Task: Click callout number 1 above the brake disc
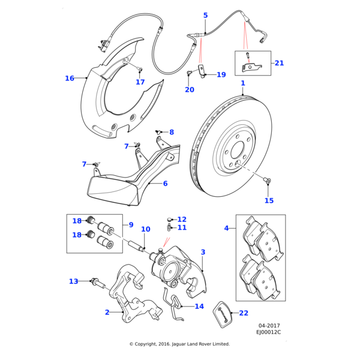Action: pos(243,83)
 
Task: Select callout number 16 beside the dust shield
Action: pos(70,78)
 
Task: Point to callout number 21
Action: pos(278,62)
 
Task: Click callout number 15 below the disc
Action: pos(269,200)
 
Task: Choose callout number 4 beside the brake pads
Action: pos(226,228)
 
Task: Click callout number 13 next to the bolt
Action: pos(73,281)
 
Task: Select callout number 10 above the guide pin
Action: pos(145,229)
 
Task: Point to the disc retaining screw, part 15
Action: pos(268,180)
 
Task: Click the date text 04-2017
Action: pos(269,325)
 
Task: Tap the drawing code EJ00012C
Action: pos(268,332)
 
